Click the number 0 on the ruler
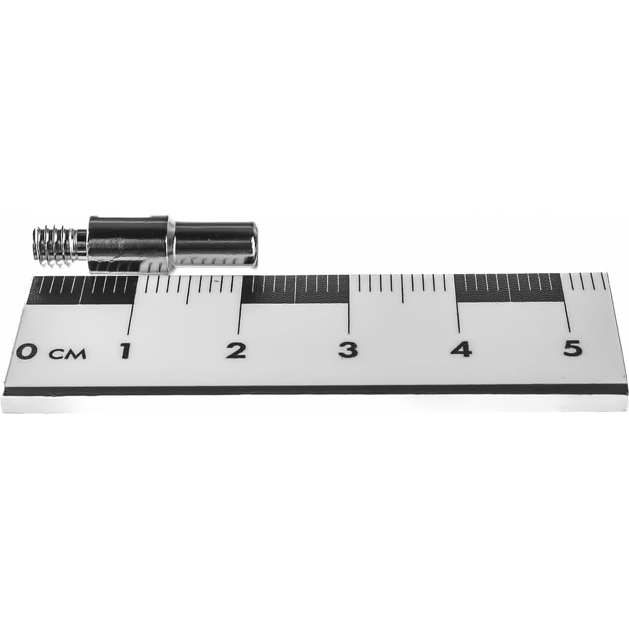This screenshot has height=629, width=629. pyautogui.click(x=26, y=352)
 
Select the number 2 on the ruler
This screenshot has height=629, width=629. pyautogui.click(x=236, y=350)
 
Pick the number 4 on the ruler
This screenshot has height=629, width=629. pyautogui.click(x=460, y=348)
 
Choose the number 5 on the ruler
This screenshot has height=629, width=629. pyautogui.click(x=572, y=348)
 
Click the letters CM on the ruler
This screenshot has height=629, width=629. pyautogui.click(x=67, y=353)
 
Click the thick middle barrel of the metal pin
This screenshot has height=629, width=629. pyautogui.click(x=130, y=244)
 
